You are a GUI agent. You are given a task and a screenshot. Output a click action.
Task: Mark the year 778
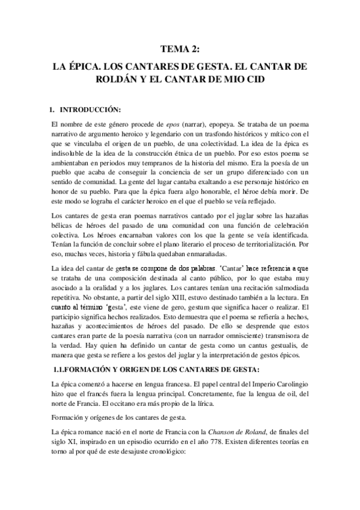pyautogui.click(x=204, y=443)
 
